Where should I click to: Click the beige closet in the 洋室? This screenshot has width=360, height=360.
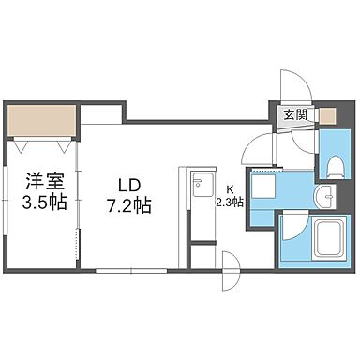point(41,121)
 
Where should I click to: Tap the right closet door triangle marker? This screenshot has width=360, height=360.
point(63,145)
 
